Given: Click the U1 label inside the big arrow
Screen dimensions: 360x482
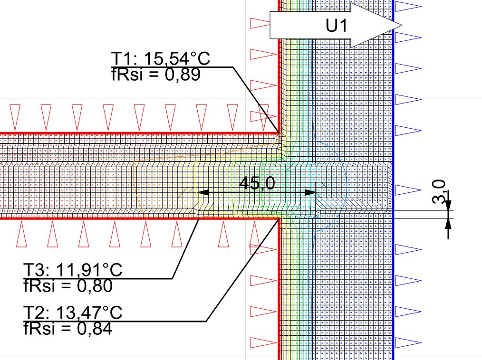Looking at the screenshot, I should coord(337,26).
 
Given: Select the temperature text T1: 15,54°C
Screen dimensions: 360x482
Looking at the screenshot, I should coord(161,59).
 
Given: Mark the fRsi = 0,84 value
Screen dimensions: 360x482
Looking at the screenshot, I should coord(68,328).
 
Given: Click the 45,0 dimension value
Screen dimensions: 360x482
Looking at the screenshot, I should coord(256,183).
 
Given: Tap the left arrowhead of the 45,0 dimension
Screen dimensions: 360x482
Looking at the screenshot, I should coord(202,192).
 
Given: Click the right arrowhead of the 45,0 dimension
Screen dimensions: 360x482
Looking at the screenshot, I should coord(311,192).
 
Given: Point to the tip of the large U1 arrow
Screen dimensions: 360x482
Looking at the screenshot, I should coord(401,25).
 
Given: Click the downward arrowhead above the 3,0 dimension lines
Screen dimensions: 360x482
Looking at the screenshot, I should coord(448,206).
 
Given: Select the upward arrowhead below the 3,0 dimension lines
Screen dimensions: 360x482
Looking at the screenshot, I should coord(448,224).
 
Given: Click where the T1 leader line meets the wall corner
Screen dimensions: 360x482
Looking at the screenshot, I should coord(280,134).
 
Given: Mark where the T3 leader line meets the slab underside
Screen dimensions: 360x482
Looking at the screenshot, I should coord(199,218).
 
